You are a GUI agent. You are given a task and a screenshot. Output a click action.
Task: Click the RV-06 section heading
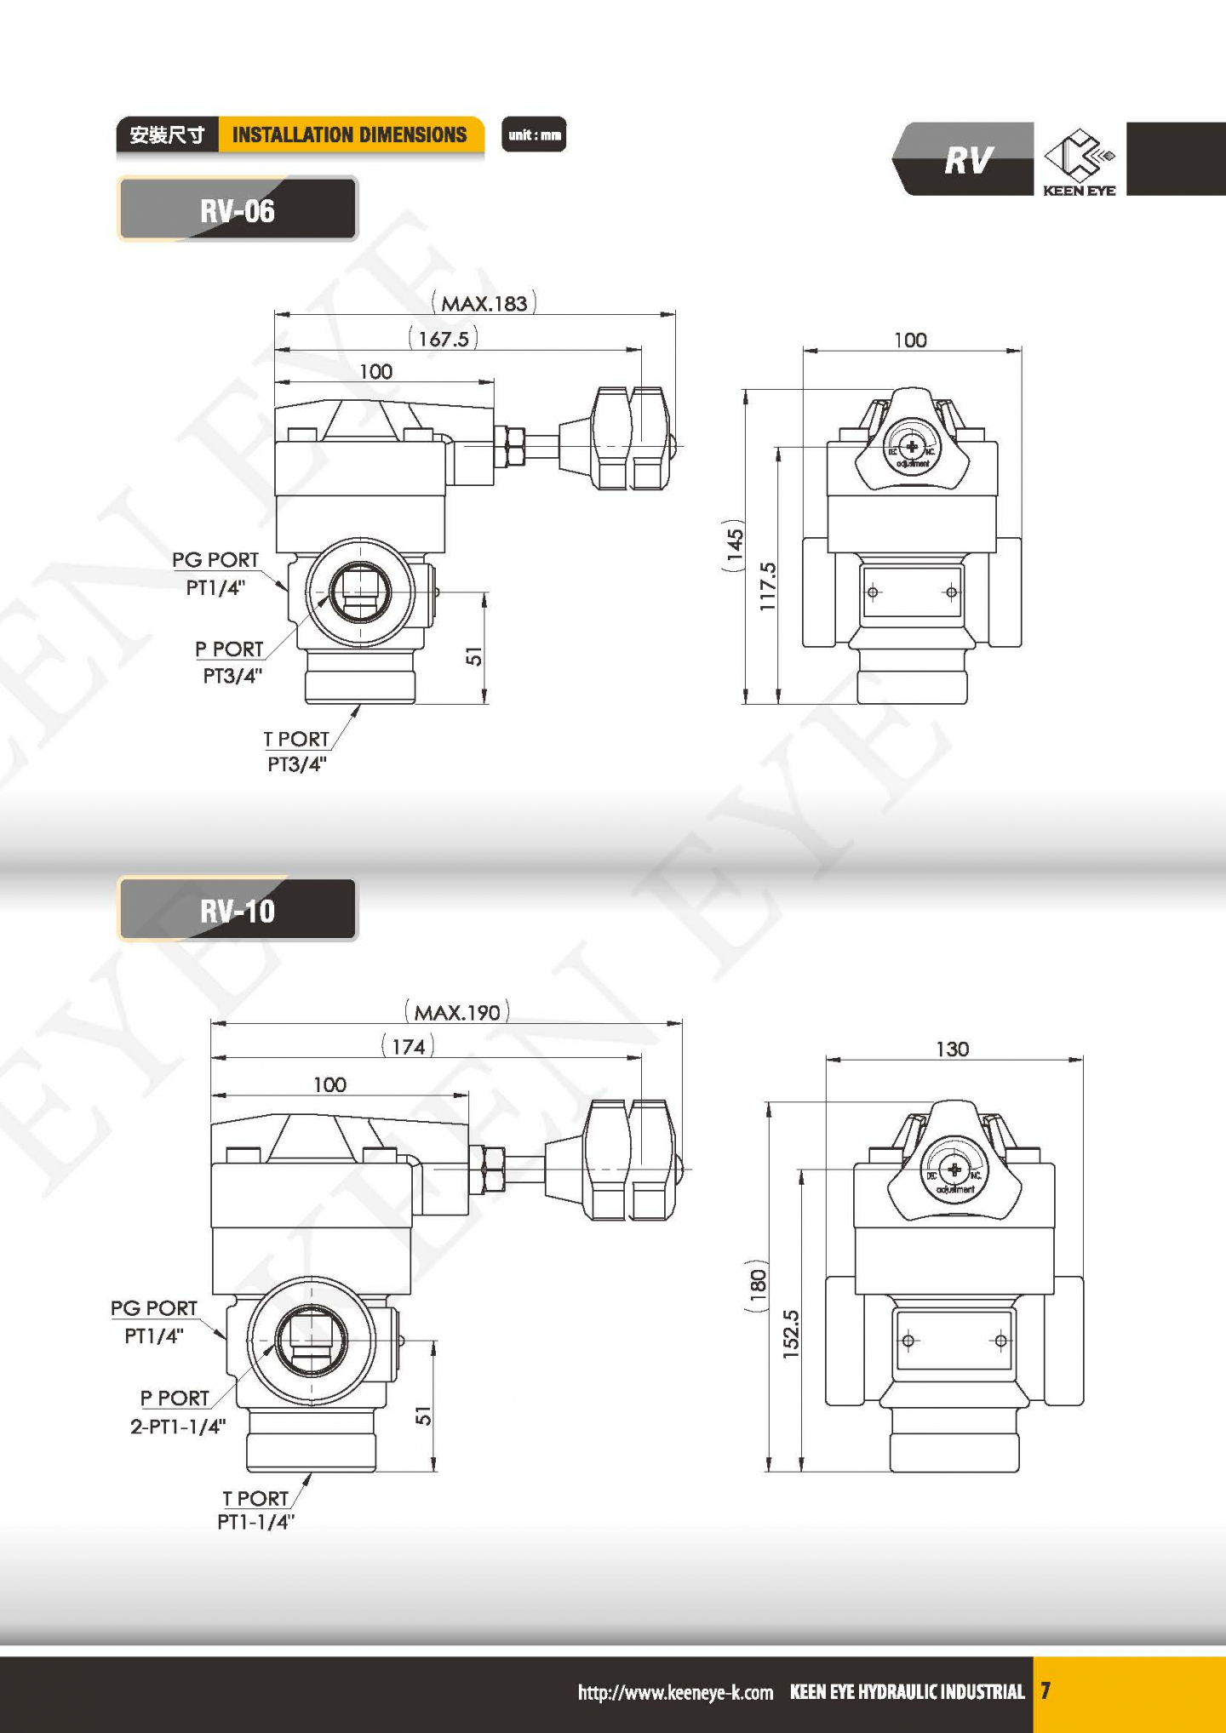point(238,210)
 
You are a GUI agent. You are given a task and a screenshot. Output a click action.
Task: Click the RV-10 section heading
point(238,912)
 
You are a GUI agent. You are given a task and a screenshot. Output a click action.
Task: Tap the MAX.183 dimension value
point(484,304)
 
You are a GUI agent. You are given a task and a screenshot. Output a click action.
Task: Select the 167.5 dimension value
point(444,339)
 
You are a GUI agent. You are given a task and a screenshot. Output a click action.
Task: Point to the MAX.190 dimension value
point(457,1012)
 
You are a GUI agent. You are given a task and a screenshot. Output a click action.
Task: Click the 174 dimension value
point(409,1046)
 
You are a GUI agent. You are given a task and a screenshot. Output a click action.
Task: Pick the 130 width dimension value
point(952,1049)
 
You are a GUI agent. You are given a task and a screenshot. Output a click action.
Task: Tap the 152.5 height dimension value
point(791,1333)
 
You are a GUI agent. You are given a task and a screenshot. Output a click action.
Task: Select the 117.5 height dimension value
point(768,586)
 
